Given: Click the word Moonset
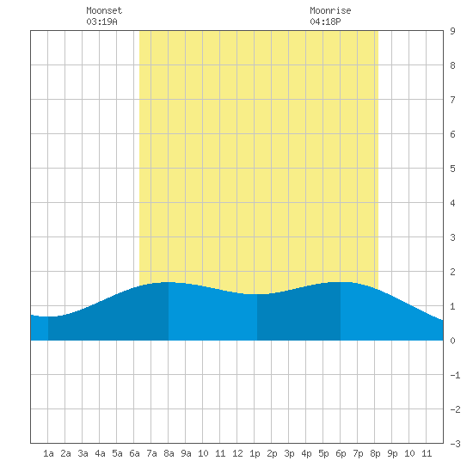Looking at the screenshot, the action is coord(104,10).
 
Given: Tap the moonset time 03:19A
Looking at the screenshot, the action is coord(101,21).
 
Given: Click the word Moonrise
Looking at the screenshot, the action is coord(330,10).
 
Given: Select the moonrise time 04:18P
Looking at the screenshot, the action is coord(325,21).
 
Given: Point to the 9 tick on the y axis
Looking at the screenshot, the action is coord(452,31).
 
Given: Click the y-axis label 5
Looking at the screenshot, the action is coord(452,169).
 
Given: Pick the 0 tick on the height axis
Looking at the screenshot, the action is coord(452,341).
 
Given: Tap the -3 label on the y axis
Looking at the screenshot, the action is coord(455,444).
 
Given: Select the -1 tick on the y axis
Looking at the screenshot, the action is coord(455,375).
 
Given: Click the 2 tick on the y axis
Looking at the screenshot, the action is coord(452,272).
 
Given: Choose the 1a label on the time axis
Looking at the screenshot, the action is coord(48,453).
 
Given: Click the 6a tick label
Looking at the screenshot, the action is coord(134,453).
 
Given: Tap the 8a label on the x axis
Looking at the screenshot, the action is coord(169,453).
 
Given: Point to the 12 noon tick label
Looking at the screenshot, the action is coord(237,453).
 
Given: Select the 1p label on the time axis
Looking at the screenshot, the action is coord(255,453).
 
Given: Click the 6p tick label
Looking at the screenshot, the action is coord(341,453).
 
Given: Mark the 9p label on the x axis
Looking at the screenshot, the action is coord(392,453).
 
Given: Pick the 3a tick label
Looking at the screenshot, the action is coord(83,453).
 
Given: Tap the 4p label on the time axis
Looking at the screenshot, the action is coord(306,453).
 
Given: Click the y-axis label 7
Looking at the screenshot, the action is coord(452,100).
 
